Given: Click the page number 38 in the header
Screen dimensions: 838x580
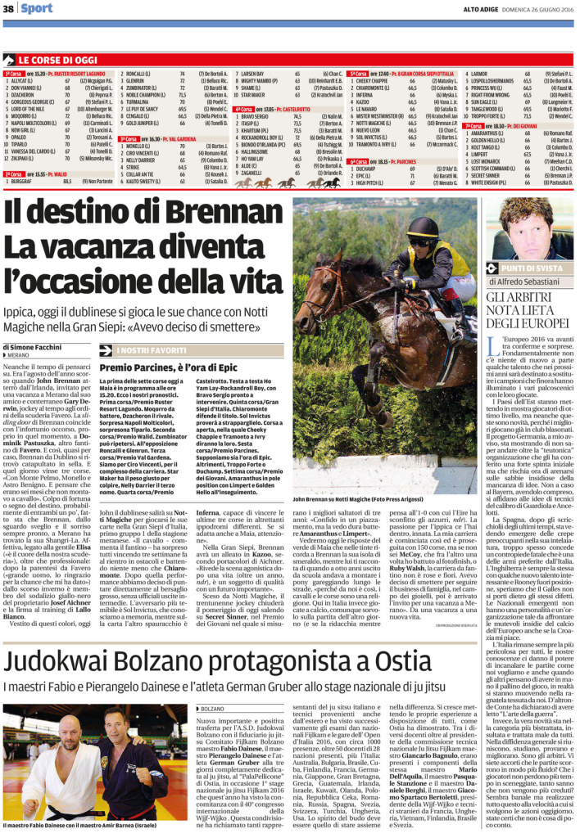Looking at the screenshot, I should (8, 8).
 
